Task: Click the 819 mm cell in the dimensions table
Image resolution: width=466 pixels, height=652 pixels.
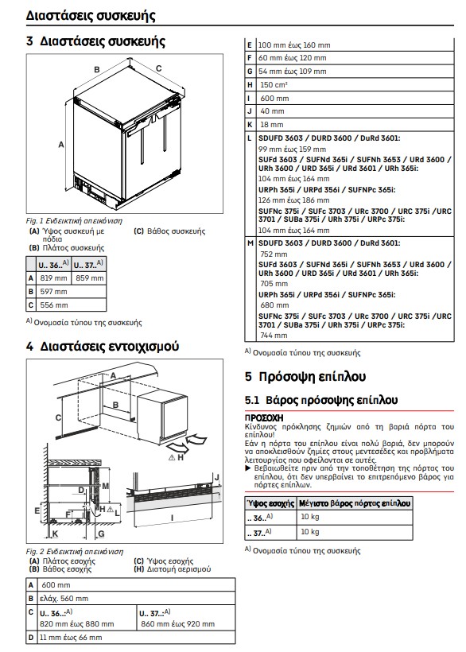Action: tap(53, 278)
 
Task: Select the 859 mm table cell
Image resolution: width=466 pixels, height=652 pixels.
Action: tap(89, 278)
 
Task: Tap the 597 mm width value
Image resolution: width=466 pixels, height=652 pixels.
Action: tap(53, 292)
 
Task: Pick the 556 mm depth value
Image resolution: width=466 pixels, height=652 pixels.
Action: tap(54, 305)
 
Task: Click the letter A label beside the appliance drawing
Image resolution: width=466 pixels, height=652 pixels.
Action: tap(61, 145)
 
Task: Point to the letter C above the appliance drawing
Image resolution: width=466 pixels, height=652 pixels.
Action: tap(158, 68)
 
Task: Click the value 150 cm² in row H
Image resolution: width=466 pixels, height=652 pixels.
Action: tap(274, 85)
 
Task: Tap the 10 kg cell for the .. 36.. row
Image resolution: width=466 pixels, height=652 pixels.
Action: tap(310, 517)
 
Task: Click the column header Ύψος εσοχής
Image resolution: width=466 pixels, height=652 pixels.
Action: tap(270, 503)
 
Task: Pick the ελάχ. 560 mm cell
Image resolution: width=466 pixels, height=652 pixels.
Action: tap(64, 599)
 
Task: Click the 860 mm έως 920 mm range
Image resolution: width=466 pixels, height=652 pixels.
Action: tap(178, 624)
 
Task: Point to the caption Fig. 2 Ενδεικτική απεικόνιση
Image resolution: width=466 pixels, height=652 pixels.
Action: tap(75, 552)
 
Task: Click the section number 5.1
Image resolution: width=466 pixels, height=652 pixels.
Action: tap(252, 401)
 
